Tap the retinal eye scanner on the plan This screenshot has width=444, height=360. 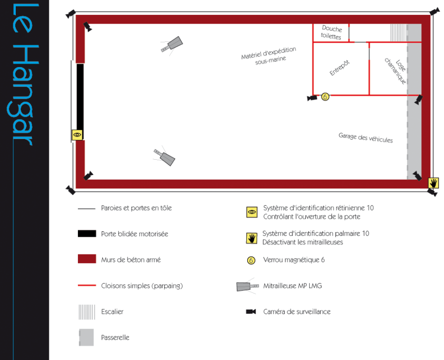(77, 134)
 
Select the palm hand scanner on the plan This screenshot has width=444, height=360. (433, 183)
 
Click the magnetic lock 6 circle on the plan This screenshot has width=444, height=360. (325, 97)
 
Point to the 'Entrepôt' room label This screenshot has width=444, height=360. (339, 68)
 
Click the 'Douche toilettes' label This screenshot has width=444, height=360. (331, 33)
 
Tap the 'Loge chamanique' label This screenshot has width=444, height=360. (396, 71)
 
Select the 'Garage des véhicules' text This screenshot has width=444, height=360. (366, 138)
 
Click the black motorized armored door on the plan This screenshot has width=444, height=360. (80, 96)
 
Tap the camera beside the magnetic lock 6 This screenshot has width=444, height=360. (312, 98)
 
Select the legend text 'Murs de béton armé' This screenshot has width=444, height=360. (131, 259)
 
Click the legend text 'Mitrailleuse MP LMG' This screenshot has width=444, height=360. (293, 286)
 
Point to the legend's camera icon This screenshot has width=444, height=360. (251, 312)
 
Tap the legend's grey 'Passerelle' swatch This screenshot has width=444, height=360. (86, 337)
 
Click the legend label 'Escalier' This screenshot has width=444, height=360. (112, 312)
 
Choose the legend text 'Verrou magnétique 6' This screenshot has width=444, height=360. (294, 260)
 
